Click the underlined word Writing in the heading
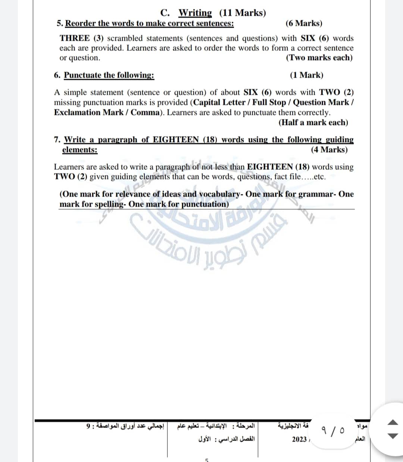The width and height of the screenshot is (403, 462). [x=195, y=13]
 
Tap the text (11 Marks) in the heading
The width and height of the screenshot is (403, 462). [x=243, y=13]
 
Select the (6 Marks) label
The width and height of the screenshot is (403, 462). [x=304, y=23]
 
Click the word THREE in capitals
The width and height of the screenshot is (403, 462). [x=75, y=38]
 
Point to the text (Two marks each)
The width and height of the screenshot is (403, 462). [x=319, y=58]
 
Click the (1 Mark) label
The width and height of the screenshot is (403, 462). [x=306, y=75]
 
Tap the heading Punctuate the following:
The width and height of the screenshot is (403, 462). [x=109, y=75]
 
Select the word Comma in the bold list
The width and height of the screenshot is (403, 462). [x=145, y=113]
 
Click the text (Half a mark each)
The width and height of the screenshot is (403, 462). [x=313, y=123]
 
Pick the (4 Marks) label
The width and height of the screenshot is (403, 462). [x=329, y=150]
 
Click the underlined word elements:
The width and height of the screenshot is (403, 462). [x=80, y=150]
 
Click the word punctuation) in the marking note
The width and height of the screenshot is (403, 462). [x=205, y=204]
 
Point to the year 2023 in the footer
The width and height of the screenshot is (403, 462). [x=299, y=439]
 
